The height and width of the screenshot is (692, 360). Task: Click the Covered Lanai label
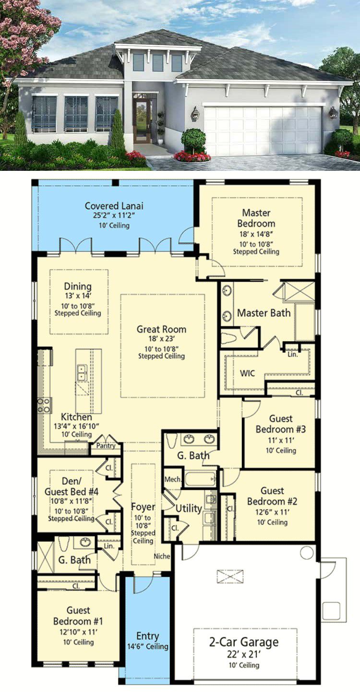[x=114, y=206]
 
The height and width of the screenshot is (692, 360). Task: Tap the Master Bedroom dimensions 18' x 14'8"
[x=256, y=234]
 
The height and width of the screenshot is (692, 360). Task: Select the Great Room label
[x=161, y=329]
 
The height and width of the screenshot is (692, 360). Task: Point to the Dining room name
[x=78, y=286]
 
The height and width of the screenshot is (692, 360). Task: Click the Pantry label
[x=106, y=446]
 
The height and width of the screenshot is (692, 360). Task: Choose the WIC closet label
[x=247, y=373]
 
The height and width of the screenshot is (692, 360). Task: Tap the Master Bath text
[x=264, y=313]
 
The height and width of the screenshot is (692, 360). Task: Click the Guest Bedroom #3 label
[x=281, y=424]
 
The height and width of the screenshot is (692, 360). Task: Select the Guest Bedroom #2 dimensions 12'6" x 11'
[x=272, y=512]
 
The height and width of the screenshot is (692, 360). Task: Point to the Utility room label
[x=189, y=509]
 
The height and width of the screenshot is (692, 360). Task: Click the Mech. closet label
[x=173, y=479]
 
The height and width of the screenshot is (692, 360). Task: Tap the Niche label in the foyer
[x=162, y=556]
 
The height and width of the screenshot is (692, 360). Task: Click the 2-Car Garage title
[x=244, y=642]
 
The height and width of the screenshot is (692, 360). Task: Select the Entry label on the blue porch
[x=147, y=636]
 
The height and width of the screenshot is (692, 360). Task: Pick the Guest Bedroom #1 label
[x=78, y=616]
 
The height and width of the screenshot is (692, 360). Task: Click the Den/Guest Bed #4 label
[x=72, y=486]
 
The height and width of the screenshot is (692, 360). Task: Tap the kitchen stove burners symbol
[x=44, y=406]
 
